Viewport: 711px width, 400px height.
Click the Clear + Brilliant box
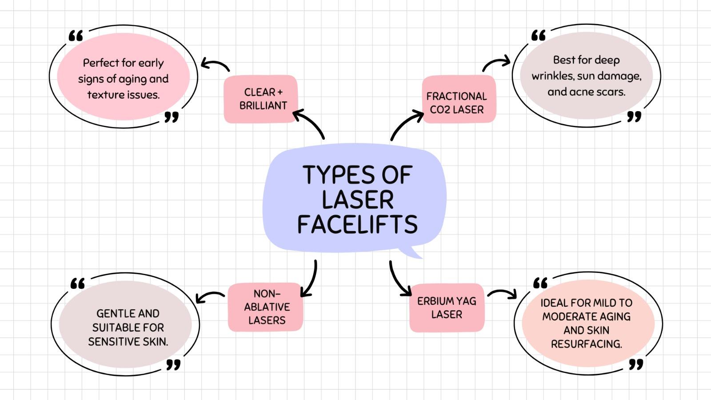pos(261,99)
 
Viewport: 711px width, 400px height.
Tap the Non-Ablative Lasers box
pos(266,307)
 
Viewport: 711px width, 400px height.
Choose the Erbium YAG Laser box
pos(447,308)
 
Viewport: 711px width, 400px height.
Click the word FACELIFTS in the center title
pos(357,224)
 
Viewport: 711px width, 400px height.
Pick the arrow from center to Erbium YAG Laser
pos(398,280)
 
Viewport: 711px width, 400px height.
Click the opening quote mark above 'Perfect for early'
pos(76,36)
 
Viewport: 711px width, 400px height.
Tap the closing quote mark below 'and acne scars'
pos(634,116)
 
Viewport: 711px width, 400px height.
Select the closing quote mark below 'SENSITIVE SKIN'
pos(173,365)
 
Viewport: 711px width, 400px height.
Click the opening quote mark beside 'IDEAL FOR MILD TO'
pos(540,283)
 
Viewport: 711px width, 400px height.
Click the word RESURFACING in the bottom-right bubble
pos(586,344)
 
